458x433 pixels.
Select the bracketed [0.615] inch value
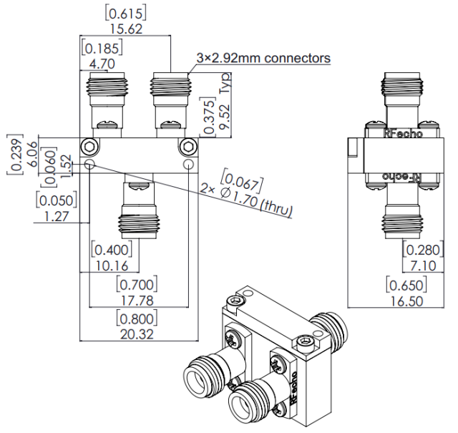[x=126, y=11]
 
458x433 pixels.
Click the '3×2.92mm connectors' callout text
[x=263, y=58]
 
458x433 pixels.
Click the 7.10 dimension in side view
[x=420, y=266]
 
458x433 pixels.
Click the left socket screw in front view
[x=89, y=147]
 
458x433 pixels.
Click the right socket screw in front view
[x=188, y=147]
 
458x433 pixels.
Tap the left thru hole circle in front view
[x=89, y=165]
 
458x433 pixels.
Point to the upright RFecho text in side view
[x=403, y=133]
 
